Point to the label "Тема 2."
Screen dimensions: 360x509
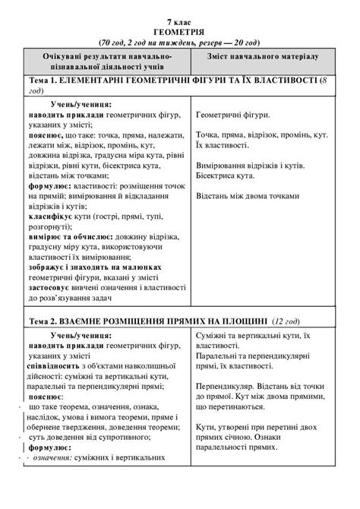(x=45, y=321)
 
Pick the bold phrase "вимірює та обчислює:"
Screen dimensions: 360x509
(x=71, y=238)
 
